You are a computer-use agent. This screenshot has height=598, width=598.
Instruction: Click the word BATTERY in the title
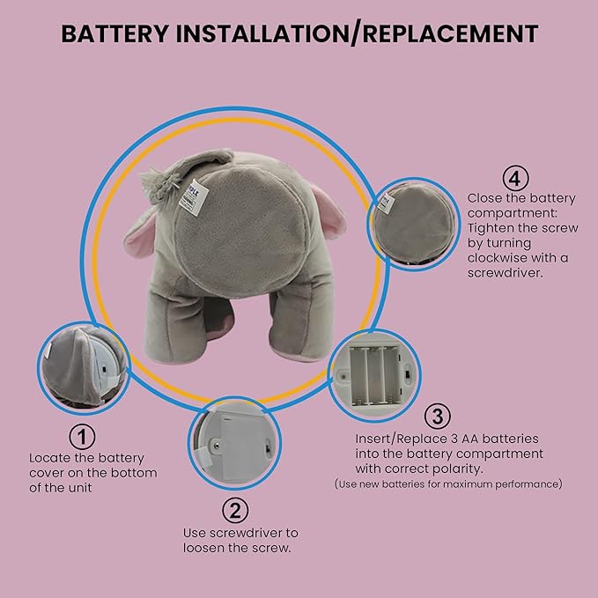[x=114, y=33]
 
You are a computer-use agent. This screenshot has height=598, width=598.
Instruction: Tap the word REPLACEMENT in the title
[x=450, y=33]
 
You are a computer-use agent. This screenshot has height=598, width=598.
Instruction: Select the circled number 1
[x=82, y=436]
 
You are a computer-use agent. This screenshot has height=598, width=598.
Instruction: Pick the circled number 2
[x=235, y=510]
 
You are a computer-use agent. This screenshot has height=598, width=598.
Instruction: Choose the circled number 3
[x=438, y=416]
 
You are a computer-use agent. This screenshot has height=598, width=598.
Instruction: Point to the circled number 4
[x=515, y=178]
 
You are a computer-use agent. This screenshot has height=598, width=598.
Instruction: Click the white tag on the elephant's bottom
[x=194, y=196]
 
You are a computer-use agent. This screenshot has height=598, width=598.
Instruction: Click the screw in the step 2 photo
[x=217, y=445]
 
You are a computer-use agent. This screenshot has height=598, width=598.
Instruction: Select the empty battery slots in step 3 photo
[x=376, y=376]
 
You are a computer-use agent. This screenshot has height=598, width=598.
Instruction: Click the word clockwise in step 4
[x=498, y=258]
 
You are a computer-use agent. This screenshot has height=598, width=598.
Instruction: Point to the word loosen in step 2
[x=203, y=548]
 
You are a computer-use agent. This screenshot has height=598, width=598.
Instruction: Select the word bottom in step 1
[x=136, y=473]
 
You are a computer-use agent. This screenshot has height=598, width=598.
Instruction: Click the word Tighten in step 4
[x=491, y=228]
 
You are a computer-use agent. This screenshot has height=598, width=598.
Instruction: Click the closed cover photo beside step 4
[x=414, y=224]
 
